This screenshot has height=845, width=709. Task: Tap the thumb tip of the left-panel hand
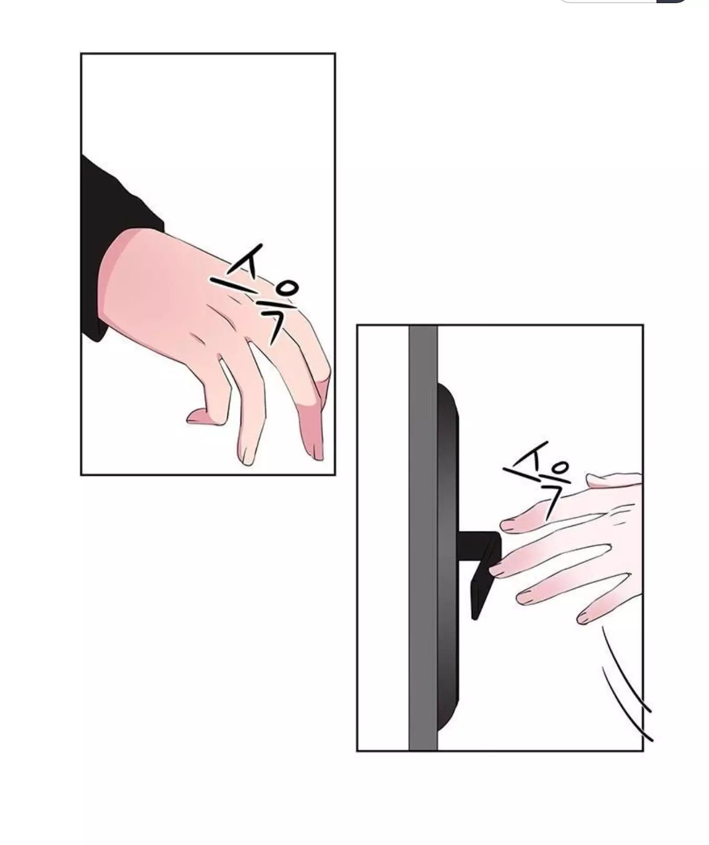[x=193, y=417]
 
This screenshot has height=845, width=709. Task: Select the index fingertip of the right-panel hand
[x=509, y=525]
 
